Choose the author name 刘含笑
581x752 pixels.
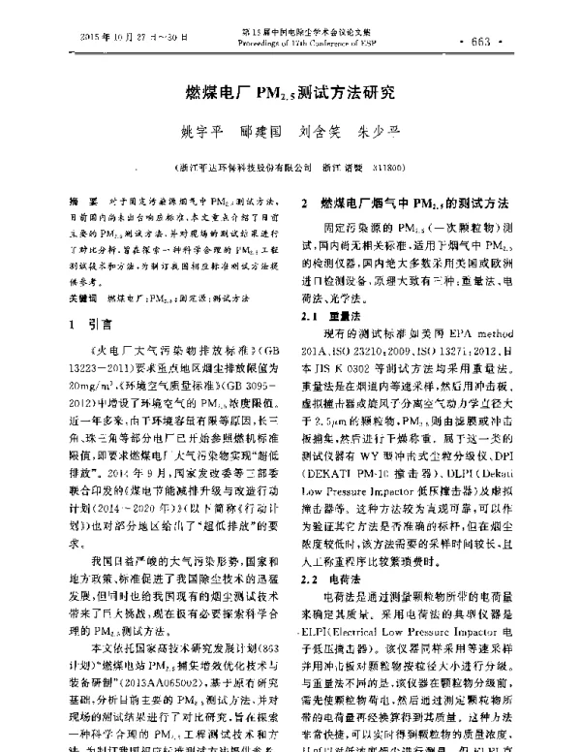click(x=317, y=131)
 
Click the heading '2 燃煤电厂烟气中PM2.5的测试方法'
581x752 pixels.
click(x=406, y=204)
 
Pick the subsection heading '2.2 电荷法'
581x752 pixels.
click(x=327, y=549)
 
